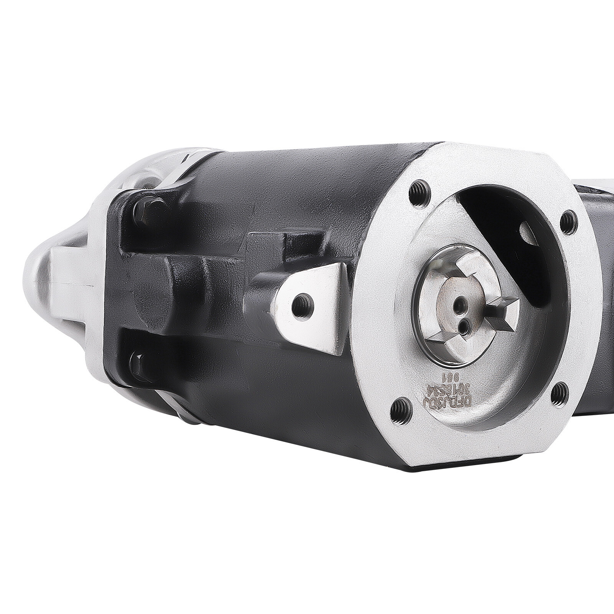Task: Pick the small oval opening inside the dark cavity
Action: point(528,233)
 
